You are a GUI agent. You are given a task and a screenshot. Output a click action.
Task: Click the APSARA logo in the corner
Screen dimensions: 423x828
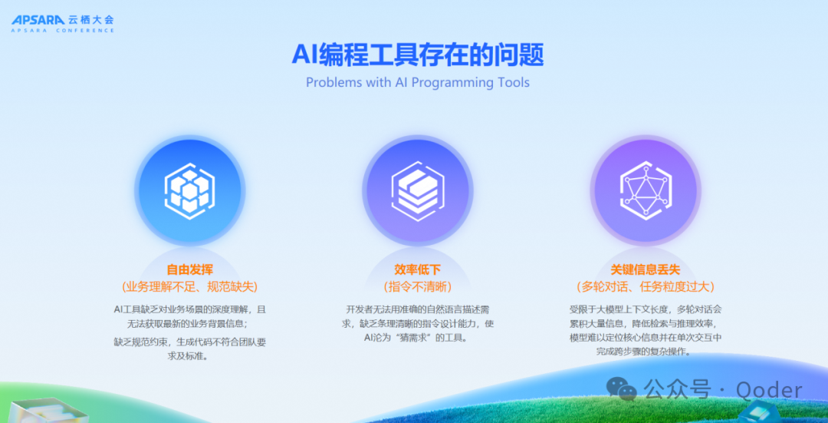(38, 21)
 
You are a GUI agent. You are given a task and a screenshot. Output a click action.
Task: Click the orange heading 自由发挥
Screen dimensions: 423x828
(189, 269)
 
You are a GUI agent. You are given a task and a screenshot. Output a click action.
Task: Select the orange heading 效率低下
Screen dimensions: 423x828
(418, 269)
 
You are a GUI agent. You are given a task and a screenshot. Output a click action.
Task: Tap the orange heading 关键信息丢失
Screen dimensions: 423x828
(646, 269)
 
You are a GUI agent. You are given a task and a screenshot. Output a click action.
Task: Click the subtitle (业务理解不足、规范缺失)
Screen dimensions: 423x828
(189, 286)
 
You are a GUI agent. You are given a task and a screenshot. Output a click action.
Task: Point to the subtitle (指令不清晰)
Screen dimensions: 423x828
(418, 286)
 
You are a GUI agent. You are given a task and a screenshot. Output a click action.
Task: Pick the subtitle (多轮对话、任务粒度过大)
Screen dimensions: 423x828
(646, 286)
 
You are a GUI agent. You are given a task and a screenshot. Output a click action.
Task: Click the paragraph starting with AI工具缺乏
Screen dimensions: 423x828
(189, 316)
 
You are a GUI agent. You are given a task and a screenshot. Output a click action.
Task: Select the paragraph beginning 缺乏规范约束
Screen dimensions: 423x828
(189, 349)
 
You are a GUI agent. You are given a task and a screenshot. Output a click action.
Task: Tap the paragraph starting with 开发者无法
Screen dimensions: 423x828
(418, 323)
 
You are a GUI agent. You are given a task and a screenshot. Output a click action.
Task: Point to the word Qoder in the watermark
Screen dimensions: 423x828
(769, 390)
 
